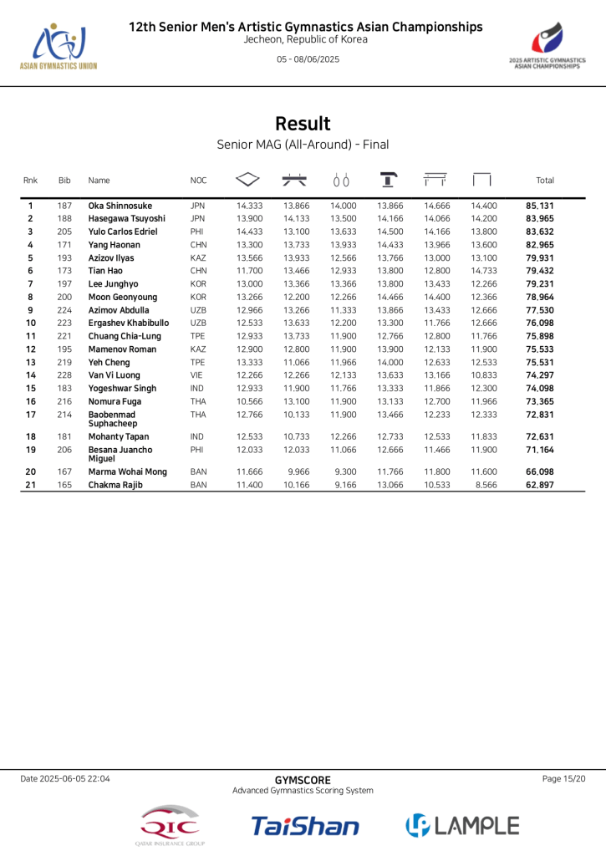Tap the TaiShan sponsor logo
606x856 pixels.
305,826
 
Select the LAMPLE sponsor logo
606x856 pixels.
462,826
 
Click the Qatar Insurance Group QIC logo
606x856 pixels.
171,827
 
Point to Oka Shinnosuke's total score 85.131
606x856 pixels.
540,206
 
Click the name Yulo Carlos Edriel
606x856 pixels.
122,232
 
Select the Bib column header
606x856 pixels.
64,181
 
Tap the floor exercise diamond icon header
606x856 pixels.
248,180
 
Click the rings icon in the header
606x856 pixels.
340,181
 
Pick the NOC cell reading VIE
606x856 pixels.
197,375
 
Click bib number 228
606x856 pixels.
64,375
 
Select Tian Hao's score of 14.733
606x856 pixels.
483,271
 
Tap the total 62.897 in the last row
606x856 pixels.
540,485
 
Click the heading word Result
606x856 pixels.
303,124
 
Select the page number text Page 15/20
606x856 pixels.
563,779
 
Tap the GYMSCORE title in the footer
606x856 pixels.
303,780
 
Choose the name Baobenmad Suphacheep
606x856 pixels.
113,419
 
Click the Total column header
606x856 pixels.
544,181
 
